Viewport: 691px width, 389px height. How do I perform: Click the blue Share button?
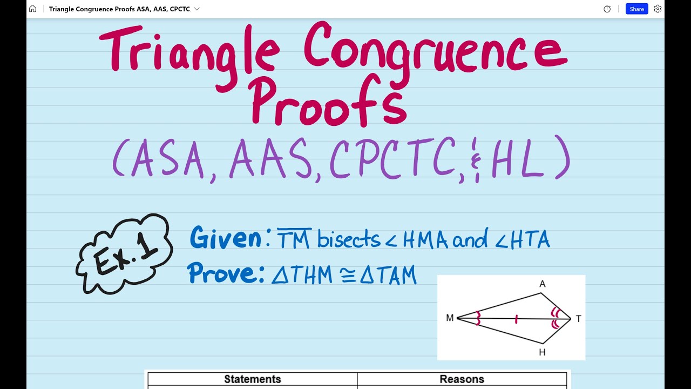coord(636,9)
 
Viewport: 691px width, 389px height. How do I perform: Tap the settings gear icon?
coord(658,9)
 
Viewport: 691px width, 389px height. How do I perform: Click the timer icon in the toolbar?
coord(607,9)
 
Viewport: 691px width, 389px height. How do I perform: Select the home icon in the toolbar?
coord(33,9)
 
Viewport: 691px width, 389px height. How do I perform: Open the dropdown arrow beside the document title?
coord(197,9)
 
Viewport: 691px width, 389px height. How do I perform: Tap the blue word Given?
coord(226,238)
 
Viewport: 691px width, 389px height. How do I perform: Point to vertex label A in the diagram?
coord(542,284)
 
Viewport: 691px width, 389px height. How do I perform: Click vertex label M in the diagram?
coord(450,318)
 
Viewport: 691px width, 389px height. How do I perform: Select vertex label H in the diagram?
coord(542,353)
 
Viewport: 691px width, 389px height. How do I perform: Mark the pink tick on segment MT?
coord(517,319)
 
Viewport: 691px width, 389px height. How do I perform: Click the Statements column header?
coord(253,379)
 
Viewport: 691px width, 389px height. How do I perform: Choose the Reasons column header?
coord(462,379)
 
